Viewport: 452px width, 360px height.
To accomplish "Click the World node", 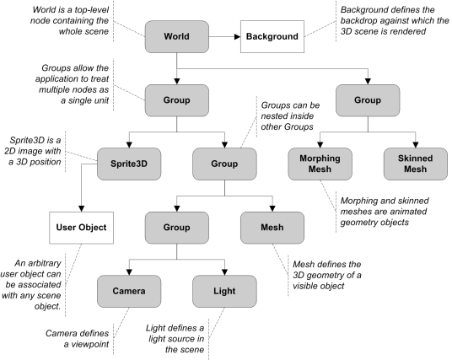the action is [177, 36].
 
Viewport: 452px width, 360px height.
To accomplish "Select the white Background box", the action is [272, 36].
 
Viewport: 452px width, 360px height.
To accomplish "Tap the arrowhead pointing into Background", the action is [238, 36].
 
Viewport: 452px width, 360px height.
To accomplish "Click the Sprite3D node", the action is [129, 164].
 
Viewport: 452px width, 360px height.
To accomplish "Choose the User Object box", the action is [81, 228].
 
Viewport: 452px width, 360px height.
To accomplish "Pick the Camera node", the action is [129, 291].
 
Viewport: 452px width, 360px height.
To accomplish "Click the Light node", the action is [224, 291].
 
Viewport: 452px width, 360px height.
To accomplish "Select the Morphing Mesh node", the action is [320, 164].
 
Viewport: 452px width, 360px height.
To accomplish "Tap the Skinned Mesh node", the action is [416, 164].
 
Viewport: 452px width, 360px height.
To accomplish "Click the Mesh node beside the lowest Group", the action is [272, 228].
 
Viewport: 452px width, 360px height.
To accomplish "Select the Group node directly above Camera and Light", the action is [177, 228].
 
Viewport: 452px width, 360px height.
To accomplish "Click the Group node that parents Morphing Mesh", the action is [368, 100].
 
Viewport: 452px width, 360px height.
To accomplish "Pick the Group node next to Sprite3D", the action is [224, 164].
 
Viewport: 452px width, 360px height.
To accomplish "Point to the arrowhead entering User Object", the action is [81, 209].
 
